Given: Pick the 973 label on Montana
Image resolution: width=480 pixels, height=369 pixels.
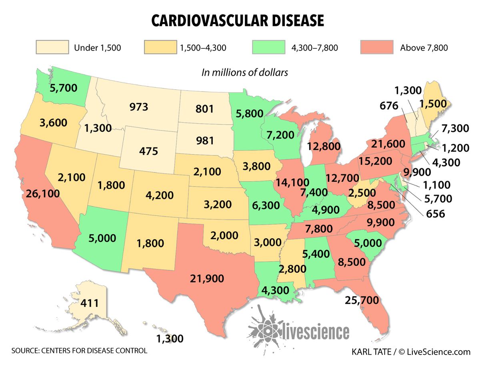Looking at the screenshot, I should point(139,107).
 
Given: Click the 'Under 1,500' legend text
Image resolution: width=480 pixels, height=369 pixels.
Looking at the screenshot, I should point(97,48).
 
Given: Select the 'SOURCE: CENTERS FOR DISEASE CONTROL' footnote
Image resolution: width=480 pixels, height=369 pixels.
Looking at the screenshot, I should point(79,351).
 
